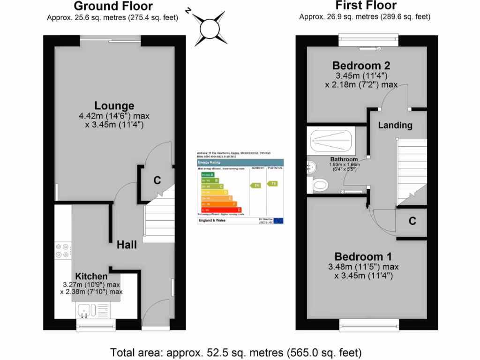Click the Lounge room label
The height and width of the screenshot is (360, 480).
(114, 106)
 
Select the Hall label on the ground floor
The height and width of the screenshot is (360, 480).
(127, 245)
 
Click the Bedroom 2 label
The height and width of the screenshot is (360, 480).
(361, 65)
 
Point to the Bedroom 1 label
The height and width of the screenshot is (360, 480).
(363, 256)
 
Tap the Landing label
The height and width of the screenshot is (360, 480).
(395, 125)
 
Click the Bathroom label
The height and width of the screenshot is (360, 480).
(344, 159)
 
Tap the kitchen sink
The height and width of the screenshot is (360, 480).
(87, 310)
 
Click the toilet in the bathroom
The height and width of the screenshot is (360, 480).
(320, 185)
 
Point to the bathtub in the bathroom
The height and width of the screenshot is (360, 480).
(331, 139)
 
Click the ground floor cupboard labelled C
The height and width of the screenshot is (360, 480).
(157, 180)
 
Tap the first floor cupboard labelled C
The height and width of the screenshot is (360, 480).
(412, 221)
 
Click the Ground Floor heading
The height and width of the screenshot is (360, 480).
(113, 6)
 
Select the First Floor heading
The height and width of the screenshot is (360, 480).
(366, 6)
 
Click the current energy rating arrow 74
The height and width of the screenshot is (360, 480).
(256, 185)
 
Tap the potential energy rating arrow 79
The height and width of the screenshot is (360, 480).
(272, 183)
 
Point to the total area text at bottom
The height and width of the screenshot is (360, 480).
(236, 352)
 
